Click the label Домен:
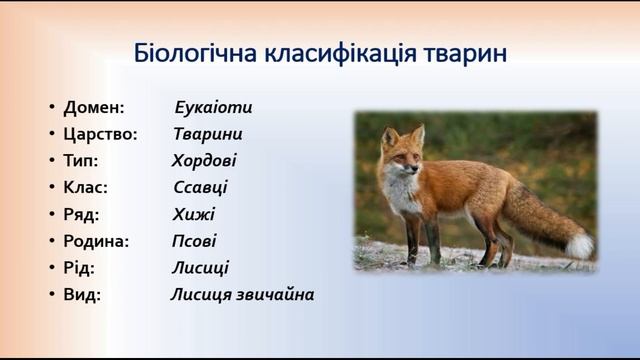pyautogui.click(x=94, y=107)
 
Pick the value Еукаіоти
pyautogui.click(x=213, y=107)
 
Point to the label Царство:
pyautogui.click(x=100, y=134)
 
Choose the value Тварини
pyautogui.click(x=208, y=134)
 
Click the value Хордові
pyautogui.click(x=204, y=161)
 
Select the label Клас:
pyautogui.click(x=85, y=188)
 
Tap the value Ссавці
pyautogui.click(x=200, y=188)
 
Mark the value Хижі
pyautogui.click(x=193, y=214)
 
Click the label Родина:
pyautogui.click(x=96, y=241)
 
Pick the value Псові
pyautogui.click(x=194, y=241)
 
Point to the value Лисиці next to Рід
pyautogui.click(x=200, y=268)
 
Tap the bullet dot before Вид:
pyautogui.click(x=51, y=296)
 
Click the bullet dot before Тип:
pyautogui.click(x=51, y=162)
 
